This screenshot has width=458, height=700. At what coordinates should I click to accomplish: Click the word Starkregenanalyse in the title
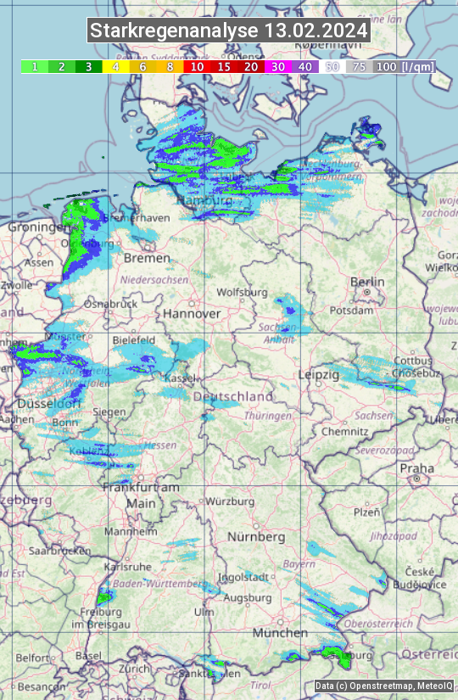click(x=175, y=31)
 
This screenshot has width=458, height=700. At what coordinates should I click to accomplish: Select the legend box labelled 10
click(x=197, y=66)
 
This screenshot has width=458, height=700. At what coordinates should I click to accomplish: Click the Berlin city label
click(x=367, y=283)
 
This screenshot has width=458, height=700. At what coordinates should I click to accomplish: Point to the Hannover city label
click(x=192, y=314)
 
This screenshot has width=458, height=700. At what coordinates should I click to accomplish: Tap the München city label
click(x=279, y=633)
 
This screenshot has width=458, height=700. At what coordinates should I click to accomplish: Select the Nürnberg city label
click(x=256, y=537)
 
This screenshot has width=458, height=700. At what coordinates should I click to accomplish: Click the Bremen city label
click(x=141, y=257)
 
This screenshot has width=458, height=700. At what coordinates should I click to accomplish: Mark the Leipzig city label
click(x=319, y=374)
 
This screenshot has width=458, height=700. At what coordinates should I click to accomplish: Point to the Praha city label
click(x=416, y=468)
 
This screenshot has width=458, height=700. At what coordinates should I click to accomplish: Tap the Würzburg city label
click(x=230, y=501)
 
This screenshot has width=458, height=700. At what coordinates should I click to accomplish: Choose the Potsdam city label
click(x=369, y=311)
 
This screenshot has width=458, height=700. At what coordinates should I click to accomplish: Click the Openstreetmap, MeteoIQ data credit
click(x=383, y=686)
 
